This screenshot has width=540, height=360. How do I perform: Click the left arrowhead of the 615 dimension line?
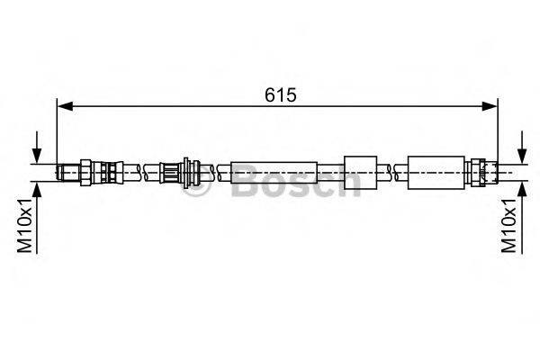click(64, 105)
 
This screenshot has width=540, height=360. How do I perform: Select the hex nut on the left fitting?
click(85, 171)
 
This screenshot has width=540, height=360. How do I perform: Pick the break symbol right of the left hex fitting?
click(135, 171)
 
